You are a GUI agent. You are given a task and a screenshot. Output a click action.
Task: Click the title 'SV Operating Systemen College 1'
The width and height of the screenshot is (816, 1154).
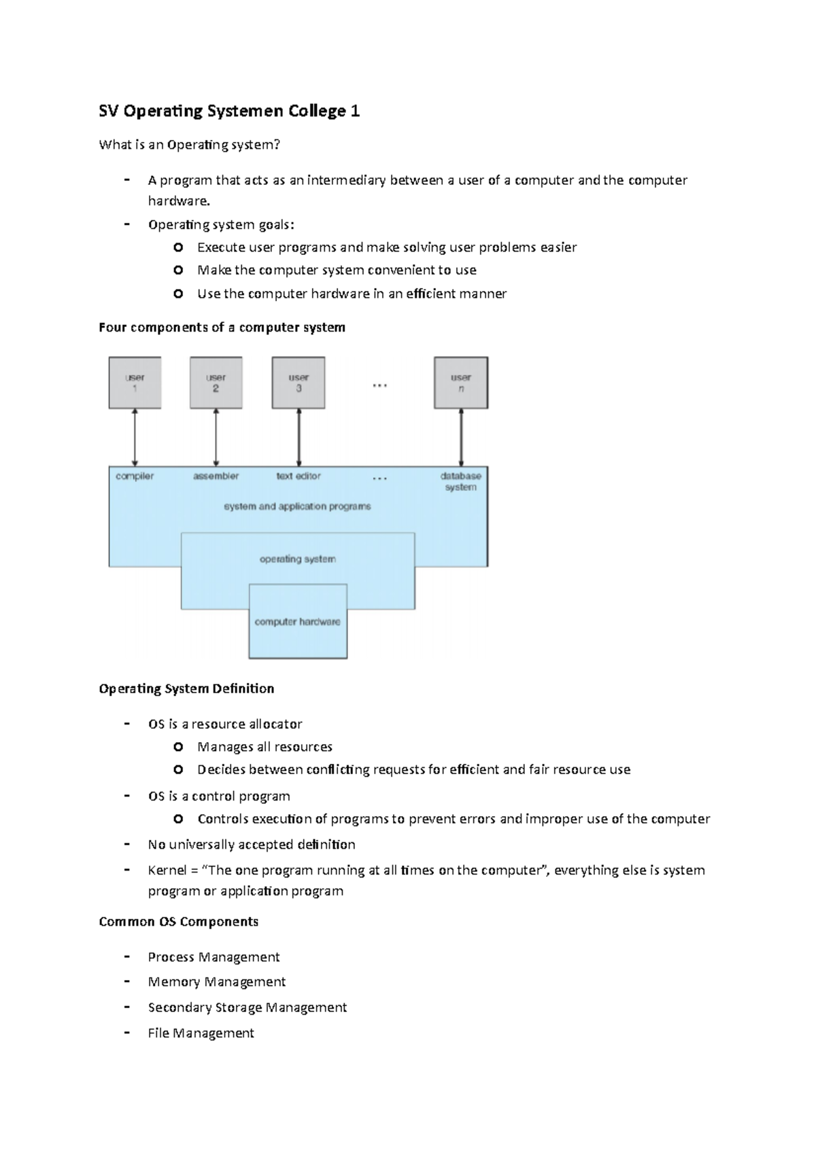229,111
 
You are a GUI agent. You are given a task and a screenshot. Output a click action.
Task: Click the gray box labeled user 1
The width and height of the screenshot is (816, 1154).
135,383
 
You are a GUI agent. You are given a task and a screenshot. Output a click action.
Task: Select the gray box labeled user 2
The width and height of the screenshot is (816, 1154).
216,383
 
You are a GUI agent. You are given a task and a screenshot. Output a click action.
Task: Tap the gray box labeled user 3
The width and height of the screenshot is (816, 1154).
299,383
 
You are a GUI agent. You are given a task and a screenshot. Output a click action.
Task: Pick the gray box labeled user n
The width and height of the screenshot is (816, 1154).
461,383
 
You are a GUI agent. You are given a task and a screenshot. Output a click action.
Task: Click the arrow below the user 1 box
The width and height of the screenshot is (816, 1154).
135,437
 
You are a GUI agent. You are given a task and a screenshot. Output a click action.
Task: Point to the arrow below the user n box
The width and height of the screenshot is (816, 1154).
461,437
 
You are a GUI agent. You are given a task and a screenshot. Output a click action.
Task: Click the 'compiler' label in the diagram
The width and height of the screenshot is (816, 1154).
135,476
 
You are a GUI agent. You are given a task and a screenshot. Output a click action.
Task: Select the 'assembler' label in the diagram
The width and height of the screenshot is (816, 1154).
216,476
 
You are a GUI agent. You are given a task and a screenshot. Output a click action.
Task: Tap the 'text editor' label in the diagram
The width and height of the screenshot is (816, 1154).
299,476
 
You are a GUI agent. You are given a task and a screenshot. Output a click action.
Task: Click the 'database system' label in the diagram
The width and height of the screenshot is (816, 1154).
460,481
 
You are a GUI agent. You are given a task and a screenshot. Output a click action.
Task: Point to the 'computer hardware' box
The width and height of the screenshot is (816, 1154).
298,622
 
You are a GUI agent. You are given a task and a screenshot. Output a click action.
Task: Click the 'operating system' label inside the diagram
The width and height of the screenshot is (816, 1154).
298,559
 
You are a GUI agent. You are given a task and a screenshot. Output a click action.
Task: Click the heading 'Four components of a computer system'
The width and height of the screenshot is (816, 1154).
222,328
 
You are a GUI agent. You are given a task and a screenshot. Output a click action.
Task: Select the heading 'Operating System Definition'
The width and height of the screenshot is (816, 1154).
186,688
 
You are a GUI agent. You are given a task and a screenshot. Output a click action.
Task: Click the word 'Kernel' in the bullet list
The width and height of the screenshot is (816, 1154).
167,870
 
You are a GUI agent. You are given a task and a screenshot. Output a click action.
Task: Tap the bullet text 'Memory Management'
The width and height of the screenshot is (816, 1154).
216,982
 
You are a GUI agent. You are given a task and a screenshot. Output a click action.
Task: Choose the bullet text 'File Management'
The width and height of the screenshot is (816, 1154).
201,1033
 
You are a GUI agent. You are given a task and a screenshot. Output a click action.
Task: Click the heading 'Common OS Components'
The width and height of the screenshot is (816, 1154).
178,922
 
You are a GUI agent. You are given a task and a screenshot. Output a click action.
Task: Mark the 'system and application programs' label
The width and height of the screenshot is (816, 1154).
297,506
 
